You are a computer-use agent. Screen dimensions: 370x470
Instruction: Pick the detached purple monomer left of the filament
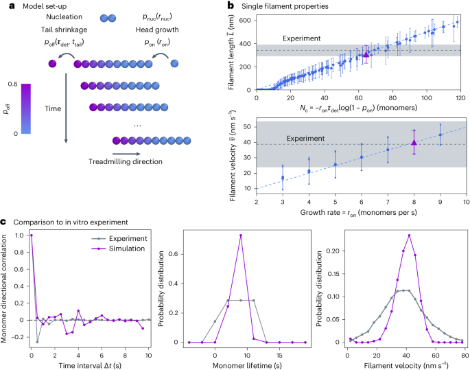(x=52, y=65)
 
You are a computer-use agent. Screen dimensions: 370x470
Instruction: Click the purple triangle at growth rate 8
(x=414, y=142)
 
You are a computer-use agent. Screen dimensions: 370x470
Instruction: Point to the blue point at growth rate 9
(x=440, y=135)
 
